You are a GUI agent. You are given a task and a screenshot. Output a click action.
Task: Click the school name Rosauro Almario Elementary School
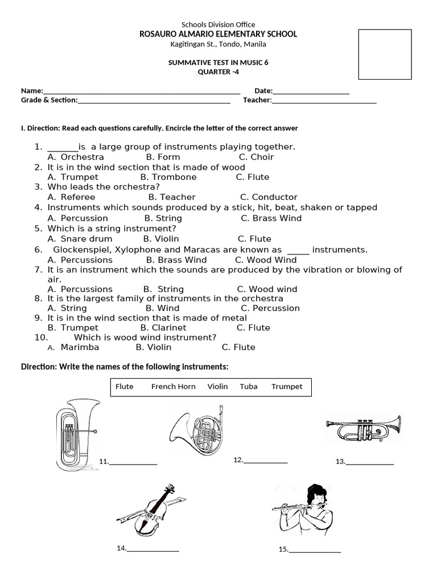(218, 34)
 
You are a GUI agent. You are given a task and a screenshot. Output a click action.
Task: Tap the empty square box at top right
(385, 54)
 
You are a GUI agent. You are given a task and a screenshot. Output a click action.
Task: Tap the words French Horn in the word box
(173, 387)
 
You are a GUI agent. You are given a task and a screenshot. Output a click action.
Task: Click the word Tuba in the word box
(249, 387)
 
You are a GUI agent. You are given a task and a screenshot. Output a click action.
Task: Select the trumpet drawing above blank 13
(362, 428)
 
